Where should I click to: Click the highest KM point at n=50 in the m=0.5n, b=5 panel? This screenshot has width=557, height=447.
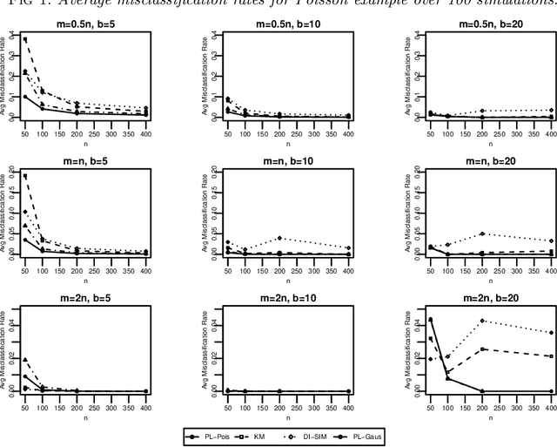point(50,39)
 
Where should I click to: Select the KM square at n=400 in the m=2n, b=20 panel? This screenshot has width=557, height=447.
point(552,356)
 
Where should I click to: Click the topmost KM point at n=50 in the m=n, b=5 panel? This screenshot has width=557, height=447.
point(50,176)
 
